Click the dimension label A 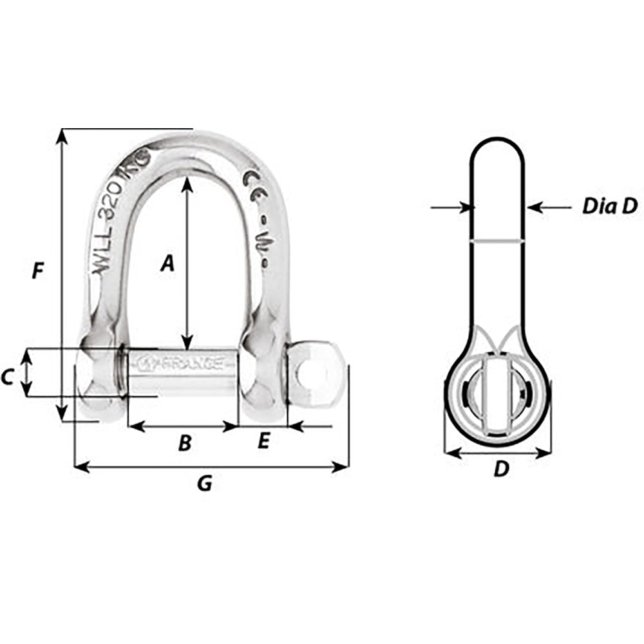167,263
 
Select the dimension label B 184,443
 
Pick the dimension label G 204,484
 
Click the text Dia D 609,206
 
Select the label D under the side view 500,470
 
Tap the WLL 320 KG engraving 119,213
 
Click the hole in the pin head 312,374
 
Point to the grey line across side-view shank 497,241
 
